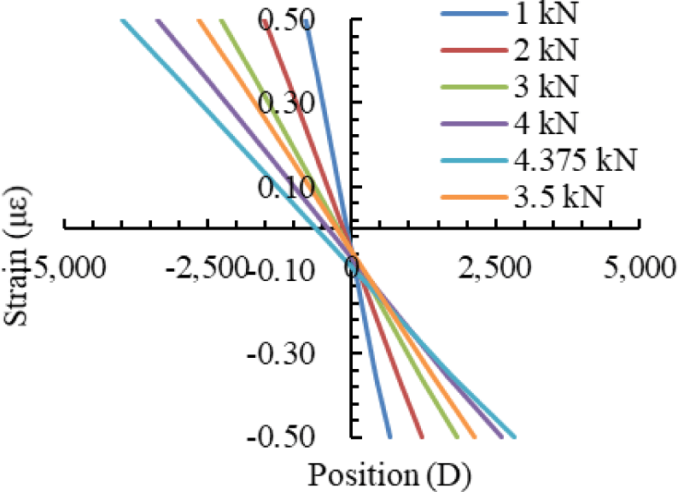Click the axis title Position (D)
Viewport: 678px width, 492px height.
click(389, 472)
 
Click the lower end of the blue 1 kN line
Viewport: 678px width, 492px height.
click(389, 436)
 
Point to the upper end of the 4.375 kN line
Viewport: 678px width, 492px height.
click(123, 20)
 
